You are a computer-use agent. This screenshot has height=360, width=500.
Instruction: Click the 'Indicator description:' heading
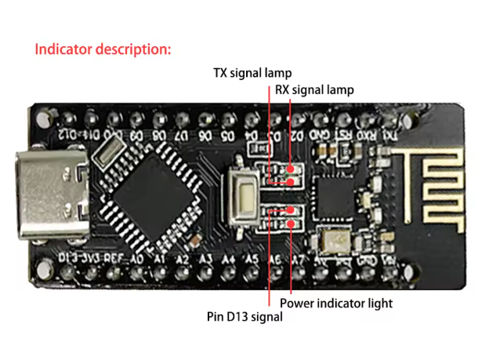[103, 49]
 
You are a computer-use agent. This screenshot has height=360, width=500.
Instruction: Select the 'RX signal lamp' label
[313, 89]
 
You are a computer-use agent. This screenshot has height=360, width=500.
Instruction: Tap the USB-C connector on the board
[54, 196]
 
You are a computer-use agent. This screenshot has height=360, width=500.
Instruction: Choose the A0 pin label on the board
[136, 258]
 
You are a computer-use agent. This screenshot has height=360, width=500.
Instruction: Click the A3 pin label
[206, 258]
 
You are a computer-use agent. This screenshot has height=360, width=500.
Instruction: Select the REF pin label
[114, 258]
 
